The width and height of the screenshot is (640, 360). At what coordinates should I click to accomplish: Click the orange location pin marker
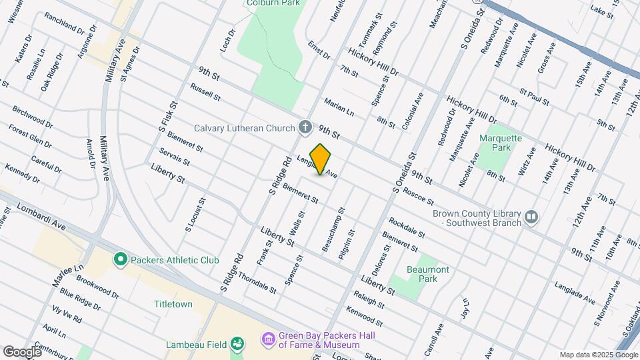[321, 159]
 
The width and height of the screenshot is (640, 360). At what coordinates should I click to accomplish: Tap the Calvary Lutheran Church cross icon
[305, 127]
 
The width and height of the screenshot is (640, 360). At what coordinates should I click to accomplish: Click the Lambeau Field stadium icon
[237, 344]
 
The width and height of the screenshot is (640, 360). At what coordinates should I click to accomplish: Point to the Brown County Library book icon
[531, 217]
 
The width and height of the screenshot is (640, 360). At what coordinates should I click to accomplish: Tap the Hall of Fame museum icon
[269, 340]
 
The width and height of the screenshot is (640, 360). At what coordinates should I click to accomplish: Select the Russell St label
[205, 92]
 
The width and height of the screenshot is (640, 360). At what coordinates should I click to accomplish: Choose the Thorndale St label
[257, 283]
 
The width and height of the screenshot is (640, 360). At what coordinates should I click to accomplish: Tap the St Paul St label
[534, 97]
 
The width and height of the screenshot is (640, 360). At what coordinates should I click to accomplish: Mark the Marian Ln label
[339, 107]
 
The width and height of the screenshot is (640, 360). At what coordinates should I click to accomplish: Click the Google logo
[21, 351]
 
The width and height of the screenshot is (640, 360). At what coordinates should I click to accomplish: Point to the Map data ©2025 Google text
[598, 355]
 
